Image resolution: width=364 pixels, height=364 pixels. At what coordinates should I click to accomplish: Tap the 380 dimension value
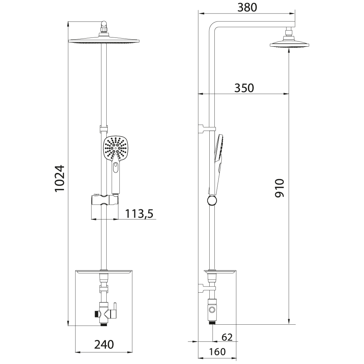(247, 7)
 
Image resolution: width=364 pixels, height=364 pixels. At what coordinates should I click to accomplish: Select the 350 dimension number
(244, 88)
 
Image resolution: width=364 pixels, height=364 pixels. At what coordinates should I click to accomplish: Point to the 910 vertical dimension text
(280, 188)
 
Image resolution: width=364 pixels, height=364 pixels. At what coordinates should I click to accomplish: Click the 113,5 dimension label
(139, 214)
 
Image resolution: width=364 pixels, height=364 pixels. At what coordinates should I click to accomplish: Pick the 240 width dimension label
(104, 344)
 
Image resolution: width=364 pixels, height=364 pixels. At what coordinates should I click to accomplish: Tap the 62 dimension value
(227, 337)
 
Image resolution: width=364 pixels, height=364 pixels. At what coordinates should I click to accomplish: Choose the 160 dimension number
(217, 352)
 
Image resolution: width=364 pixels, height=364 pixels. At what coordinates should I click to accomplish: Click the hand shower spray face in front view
(115, 148)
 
